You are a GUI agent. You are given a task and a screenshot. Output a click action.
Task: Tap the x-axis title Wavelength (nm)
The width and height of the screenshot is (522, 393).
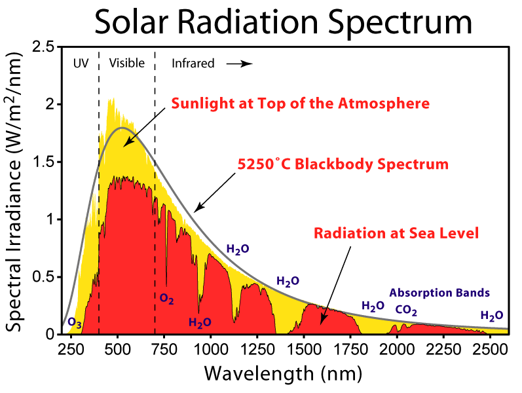[283, 373]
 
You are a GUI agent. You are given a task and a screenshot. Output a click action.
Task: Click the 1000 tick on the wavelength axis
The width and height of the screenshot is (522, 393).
[210, 348]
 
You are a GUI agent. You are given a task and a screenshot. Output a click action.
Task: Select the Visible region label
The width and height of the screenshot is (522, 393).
[126, 64]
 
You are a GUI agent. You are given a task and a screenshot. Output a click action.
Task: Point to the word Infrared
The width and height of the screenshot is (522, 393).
[193, 64]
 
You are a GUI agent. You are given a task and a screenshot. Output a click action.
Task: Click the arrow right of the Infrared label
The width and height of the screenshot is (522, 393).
[240, 64]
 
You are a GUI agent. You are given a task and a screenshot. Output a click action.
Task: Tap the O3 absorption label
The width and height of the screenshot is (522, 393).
[75, 323]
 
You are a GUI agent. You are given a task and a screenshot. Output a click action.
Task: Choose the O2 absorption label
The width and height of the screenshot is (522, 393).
[167, 299]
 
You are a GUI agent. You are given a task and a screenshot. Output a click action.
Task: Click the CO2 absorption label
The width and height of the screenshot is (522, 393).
[406, 310]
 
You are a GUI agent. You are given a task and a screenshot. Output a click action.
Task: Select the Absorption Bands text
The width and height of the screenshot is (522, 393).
[439, 293]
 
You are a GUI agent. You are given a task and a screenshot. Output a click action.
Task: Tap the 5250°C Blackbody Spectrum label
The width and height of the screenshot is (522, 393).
[343, 164]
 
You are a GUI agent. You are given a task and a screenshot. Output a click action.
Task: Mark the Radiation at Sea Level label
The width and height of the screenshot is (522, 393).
[396, 233]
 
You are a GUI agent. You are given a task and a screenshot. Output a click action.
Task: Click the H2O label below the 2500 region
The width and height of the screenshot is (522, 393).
[491, 316]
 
